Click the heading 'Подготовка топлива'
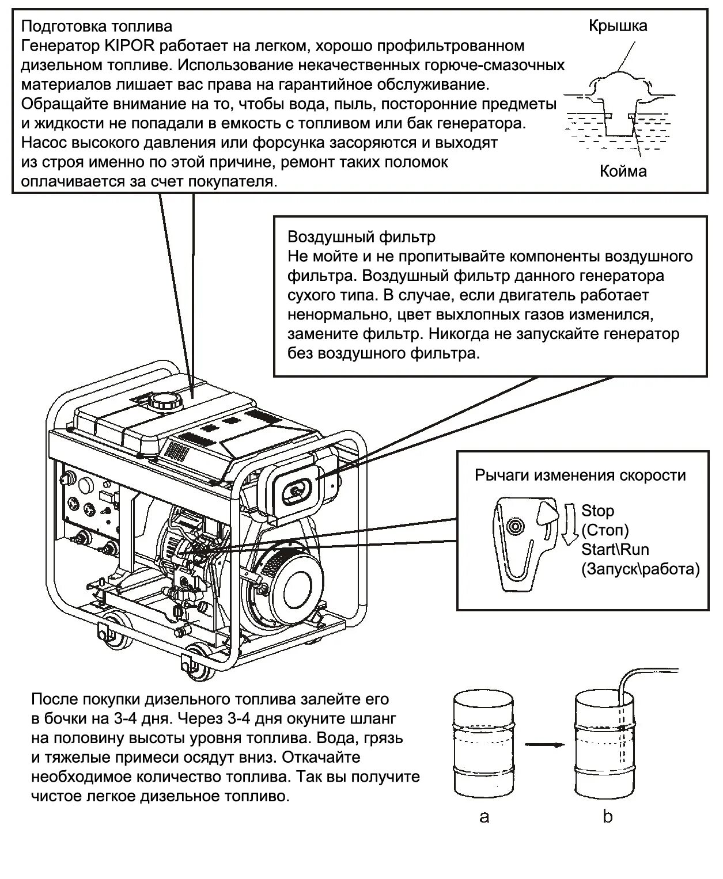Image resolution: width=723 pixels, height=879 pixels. [x=96, y=26]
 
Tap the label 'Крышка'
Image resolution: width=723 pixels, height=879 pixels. [x=618, y=26]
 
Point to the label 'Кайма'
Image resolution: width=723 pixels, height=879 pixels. [x=623, y=171]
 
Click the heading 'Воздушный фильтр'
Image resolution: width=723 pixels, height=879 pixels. [x=361, y=237]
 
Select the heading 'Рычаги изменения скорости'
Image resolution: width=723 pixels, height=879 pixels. [x=580, y=475]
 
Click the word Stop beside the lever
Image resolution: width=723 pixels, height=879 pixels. [x=597, y=511]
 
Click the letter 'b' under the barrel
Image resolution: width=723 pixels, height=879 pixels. [x=608, y=817]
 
